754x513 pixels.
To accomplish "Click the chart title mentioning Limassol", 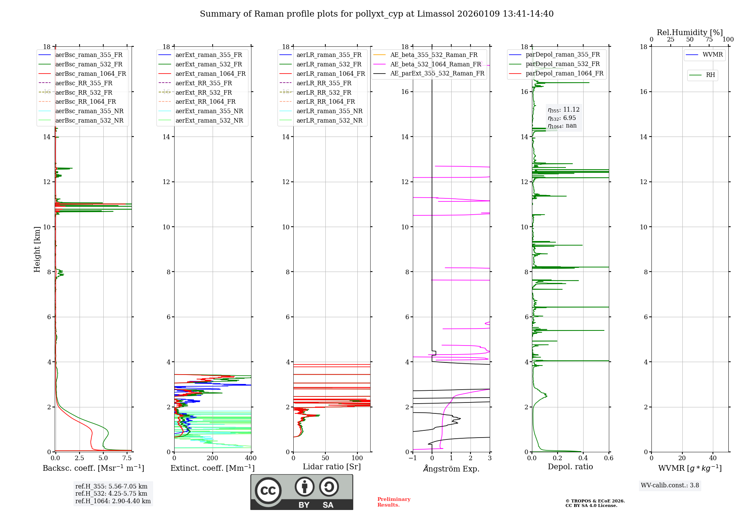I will point(377,14).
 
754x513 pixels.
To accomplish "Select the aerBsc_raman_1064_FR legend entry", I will point(90,74).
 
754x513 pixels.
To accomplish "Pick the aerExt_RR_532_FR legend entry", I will point(204,92).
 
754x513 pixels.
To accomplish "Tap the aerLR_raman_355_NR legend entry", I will point(329,111).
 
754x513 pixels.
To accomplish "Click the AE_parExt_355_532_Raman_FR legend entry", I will point(437,73).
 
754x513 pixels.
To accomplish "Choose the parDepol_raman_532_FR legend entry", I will point(562,64).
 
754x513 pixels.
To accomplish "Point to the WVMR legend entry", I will point(713,55).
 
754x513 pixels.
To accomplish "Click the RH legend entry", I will point(710,75).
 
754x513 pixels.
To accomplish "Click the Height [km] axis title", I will point(37,249).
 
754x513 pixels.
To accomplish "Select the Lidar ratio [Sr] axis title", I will point(332,467).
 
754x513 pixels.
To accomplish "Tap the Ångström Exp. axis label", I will point(451,468).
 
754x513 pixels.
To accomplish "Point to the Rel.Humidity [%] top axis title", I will point(690,32).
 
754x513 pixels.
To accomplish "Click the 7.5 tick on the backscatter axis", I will point(127,458).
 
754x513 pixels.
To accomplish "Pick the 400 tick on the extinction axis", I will point(251,458).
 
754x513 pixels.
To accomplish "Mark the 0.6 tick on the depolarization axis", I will point(608,458).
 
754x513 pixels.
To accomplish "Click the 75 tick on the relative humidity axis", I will point(709,40).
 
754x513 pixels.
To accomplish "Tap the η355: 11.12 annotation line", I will point(564,110).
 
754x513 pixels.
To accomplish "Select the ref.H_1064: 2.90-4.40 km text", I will point(113,501).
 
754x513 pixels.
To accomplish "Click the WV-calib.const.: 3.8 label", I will point(670,485).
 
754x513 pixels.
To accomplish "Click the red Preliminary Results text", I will point(394,502).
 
